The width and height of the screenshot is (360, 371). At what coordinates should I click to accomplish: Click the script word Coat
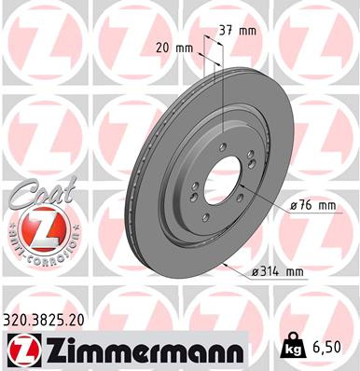pyautogui.click(x=36, y=192)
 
